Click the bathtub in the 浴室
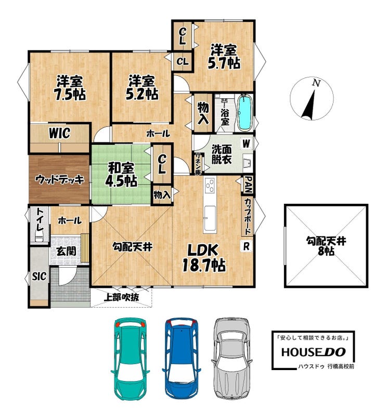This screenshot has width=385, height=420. (245, 113)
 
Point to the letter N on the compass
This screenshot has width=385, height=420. (317, 83)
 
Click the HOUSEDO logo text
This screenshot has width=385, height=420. (313, 352)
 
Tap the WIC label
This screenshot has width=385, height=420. (59, 133)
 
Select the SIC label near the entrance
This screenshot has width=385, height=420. (39, 277)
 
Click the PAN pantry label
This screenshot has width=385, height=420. (248, 185)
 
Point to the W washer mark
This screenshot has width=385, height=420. (247, 143)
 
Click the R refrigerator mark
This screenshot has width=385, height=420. (246, 246)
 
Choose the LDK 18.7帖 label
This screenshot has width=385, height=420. (203, 257)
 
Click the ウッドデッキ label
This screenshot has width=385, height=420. (59, 179)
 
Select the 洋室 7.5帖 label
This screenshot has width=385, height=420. (70, 88)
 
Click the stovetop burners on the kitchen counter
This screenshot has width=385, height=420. (210, 185)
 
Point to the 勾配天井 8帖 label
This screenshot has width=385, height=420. (326, 246)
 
